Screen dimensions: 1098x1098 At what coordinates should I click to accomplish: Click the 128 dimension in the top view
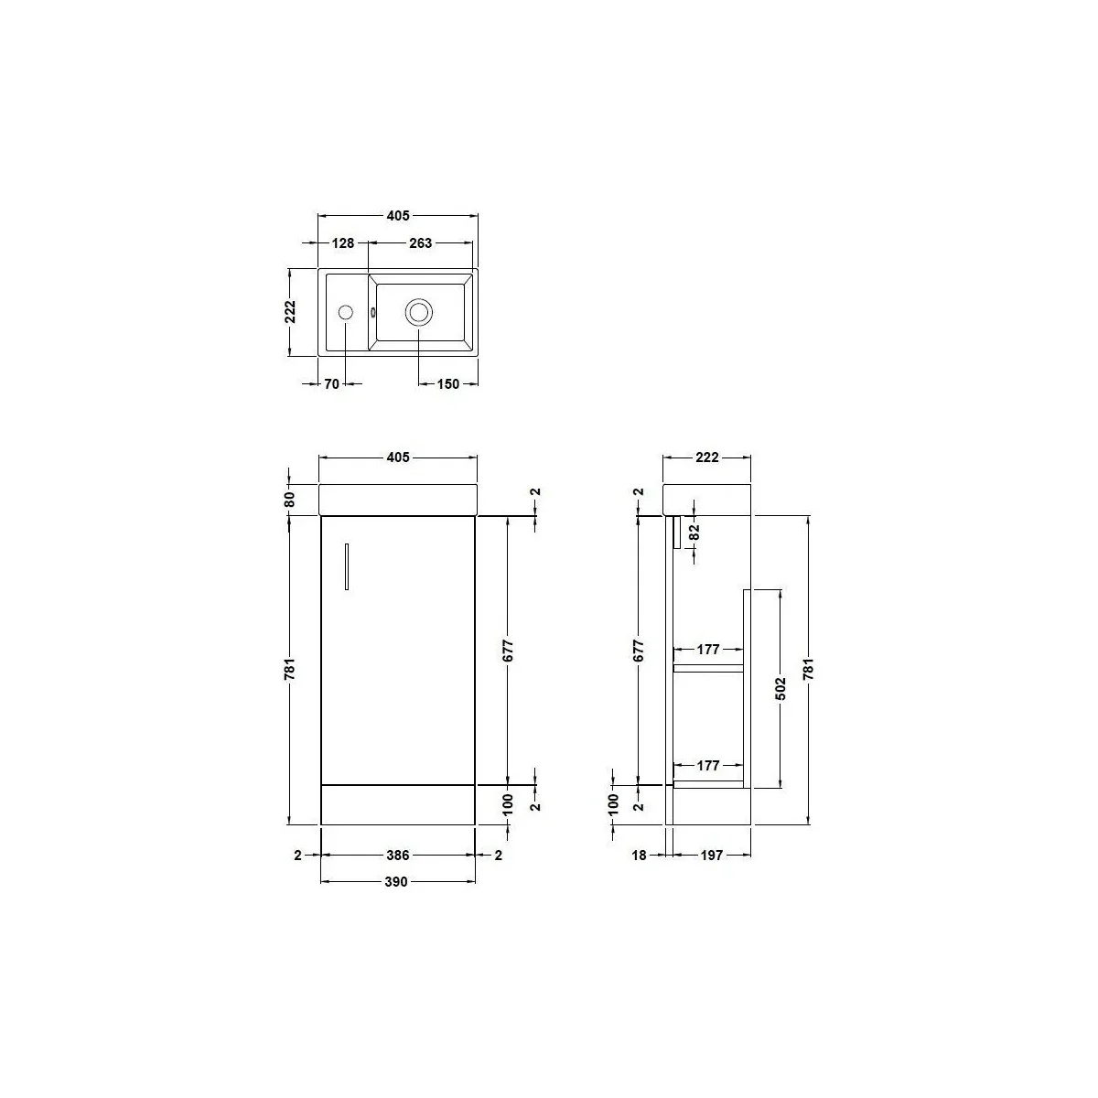[x=343, y=243]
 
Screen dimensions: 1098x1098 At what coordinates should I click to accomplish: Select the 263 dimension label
[x=421, y=243]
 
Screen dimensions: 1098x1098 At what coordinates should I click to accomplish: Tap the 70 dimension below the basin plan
[x=331, y=384]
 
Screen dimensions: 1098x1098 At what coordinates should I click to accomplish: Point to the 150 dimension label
[x=447, y=384]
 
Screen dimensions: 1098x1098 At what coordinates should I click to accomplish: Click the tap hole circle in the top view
[x=346, y=312]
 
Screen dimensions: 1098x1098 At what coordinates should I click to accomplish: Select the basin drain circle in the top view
[x=419, y=312]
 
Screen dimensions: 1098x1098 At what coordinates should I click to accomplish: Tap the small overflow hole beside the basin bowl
[x=373, y=312]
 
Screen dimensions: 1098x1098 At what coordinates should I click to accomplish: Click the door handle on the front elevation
[x=347, y=566]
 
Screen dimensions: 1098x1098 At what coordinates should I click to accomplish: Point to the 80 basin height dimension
[x=289, y=500]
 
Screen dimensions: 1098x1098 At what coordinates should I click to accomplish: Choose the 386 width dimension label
[x=397, y=856]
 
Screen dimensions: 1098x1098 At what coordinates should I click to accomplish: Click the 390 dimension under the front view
[x=397, y=882]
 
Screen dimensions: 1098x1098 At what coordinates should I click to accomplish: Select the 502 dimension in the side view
[x=780, y=688]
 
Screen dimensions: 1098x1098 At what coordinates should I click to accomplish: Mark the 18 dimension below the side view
[x=639, y=856]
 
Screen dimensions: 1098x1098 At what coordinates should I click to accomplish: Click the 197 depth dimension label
[x=712, y=856]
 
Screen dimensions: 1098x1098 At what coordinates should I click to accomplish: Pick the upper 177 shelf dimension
[x=708, y=650]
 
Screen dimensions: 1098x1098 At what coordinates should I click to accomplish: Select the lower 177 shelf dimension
[x=708, y=765]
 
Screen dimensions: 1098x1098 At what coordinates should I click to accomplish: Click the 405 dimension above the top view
[x=397, y=216]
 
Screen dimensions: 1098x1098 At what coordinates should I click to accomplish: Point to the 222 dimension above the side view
[x=706, y=457]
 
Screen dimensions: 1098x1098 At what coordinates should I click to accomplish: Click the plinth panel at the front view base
[x=398, y=804]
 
